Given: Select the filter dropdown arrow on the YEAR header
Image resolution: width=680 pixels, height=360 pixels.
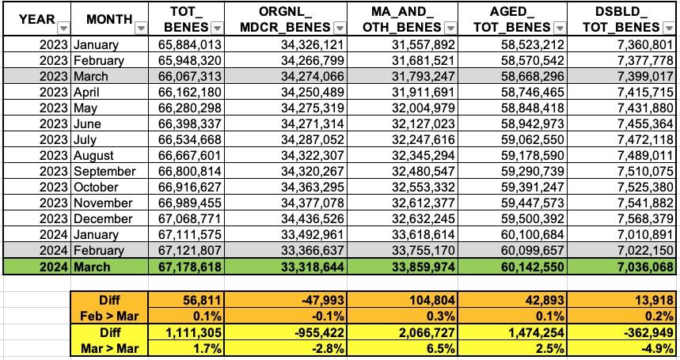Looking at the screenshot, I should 63,28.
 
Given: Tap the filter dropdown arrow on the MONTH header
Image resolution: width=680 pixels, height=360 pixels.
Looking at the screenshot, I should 140,28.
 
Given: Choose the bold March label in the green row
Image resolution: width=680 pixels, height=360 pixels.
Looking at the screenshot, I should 93,267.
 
